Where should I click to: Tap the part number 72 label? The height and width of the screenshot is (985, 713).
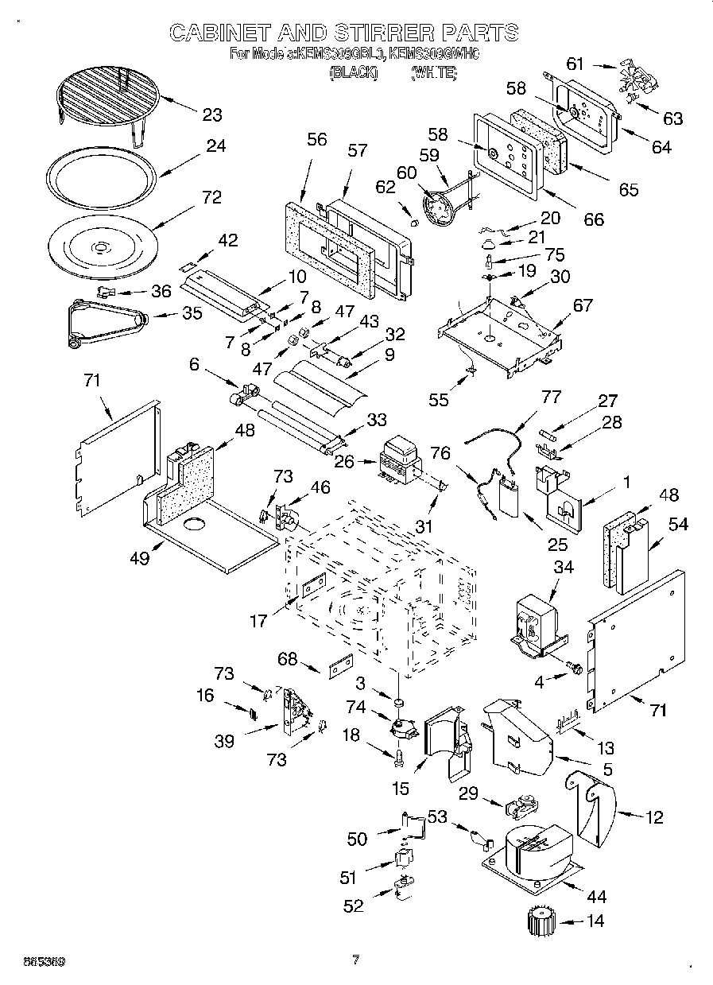point(211,198)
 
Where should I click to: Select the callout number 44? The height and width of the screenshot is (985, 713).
point(596,897)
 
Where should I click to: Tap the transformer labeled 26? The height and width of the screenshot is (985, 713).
point(402,461)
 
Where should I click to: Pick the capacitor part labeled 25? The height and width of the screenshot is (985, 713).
point(506,502)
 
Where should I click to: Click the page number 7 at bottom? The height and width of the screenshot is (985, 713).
point(355,960)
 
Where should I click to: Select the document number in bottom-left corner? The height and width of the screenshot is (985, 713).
point(33,961)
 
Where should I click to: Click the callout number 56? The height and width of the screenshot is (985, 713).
point(316,139)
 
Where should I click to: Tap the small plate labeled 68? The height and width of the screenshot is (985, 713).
point(341,665)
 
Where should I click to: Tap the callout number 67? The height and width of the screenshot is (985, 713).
point(583,304)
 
